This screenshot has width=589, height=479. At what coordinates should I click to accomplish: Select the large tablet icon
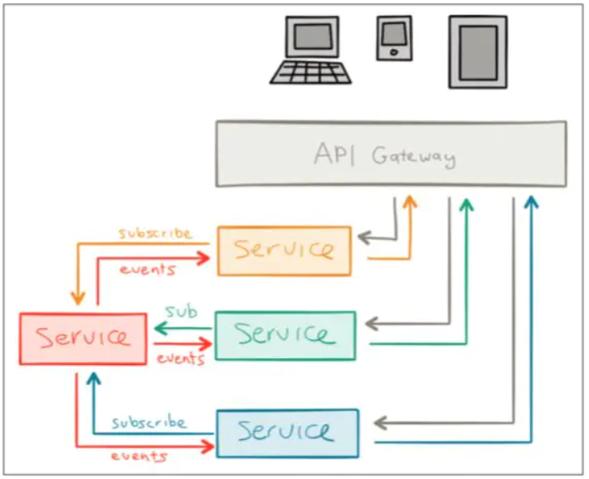click(x=478, y=51)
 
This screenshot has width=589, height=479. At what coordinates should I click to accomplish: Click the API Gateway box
click(x=391, y=154)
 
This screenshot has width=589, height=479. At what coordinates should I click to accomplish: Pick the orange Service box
click(x=284, y=250)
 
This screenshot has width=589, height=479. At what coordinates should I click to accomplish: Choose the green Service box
click(x=285, y=335)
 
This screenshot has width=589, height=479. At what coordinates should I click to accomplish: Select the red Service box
click(x=84, y=338)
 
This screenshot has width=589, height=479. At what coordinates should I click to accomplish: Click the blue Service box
click(x=287, y=432)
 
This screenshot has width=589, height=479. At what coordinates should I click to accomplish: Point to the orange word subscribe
click(x=155, y=233)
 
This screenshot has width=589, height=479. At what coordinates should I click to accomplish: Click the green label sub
click(x=182, y=312)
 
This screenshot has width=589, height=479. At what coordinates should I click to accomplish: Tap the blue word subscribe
click(x=149, y=423)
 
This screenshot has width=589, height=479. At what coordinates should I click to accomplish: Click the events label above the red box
click(x=147, y=269)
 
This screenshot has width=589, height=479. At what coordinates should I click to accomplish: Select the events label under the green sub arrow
click(x=180, y=359)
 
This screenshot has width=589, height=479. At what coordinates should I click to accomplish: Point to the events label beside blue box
click(x=139, y=456)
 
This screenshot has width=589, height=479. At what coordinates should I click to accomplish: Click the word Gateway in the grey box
click(x=413, y=155)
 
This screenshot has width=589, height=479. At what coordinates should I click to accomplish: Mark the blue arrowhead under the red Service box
click(x=94, y=379)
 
